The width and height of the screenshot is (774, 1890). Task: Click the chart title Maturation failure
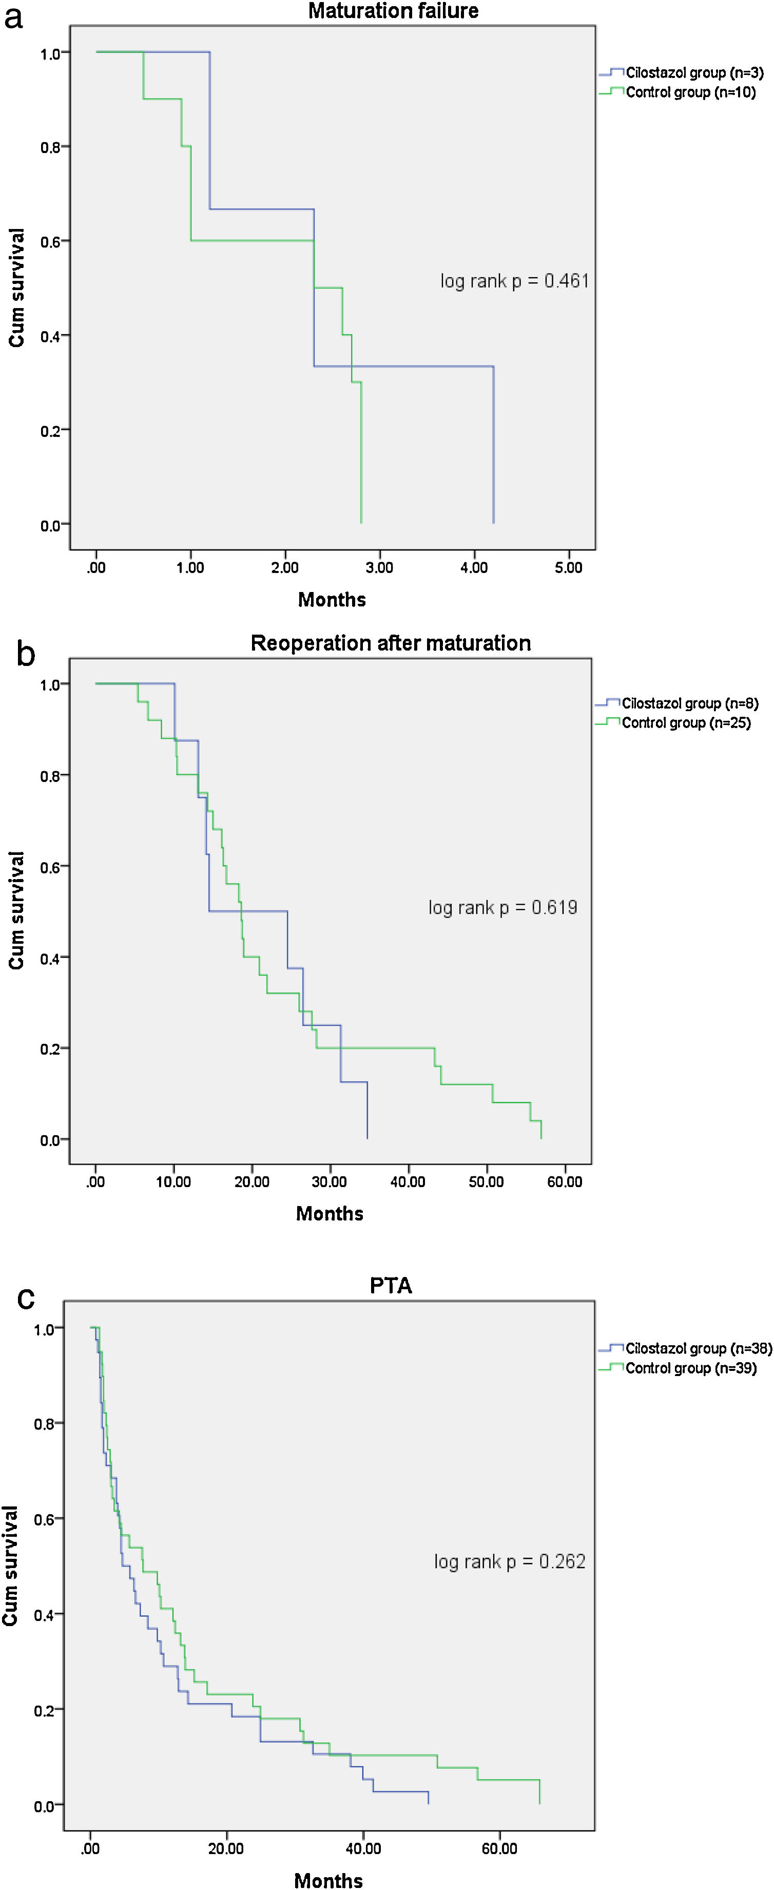393,11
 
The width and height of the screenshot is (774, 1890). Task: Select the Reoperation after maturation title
390,643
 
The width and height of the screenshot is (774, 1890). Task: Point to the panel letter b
25,654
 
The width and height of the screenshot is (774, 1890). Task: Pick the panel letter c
25,1297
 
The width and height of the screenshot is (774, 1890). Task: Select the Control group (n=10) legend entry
690,92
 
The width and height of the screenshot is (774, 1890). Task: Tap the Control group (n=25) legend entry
686,723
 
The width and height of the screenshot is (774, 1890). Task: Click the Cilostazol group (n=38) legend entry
698,1348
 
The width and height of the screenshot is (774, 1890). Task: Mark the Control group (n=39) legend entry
690,1368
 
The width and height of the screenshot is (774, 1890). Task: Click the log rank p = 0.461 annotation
514,281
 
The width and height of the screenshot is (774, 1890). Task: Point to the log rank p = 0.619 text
502,908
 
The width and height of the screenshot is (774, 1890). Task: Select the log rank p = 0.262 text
509,1561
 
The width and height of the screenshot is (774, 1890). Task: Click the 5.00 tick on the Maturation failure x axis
568,568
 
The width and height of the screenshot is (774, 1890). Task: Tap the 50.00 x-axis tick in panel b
486,1182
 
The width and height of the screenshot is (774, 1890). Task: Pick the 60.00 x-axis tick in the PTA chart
499,1849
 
